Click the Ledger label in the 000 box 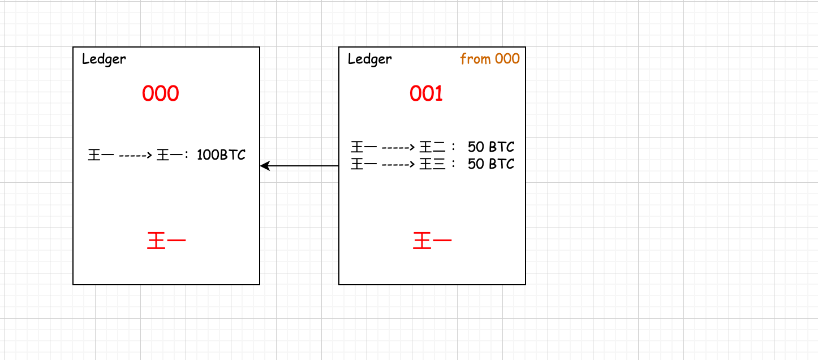coord(104,59)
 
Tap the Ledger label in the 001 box coord(370,59)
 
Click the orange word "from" coord(475,59)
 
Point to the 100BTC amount coord(221,155)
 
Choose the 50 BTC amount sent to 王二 coord(491,147)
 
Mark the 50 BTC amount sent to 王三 coord(491,164)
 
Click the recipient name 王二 coord(433,148)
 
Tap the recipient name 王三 coord(433,165)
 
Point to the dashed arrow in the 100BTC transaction coord(135,155)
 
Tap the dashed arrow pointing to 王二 coord(398,148)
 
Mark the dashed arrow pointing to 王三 coord(398,165)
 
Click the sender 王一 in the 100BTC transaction coord(101,155)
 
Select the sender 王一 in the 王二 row coord(364,148)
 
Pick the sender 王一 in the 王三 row coord(364,165)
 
